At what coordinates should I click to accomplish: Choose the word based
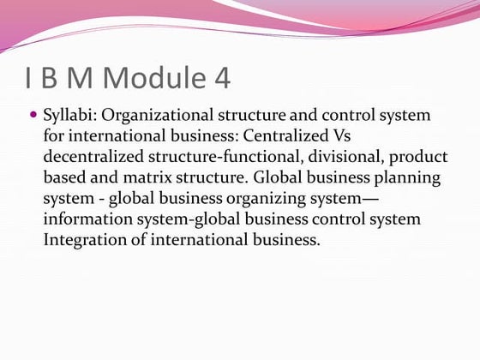click(x=63, y=177)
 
